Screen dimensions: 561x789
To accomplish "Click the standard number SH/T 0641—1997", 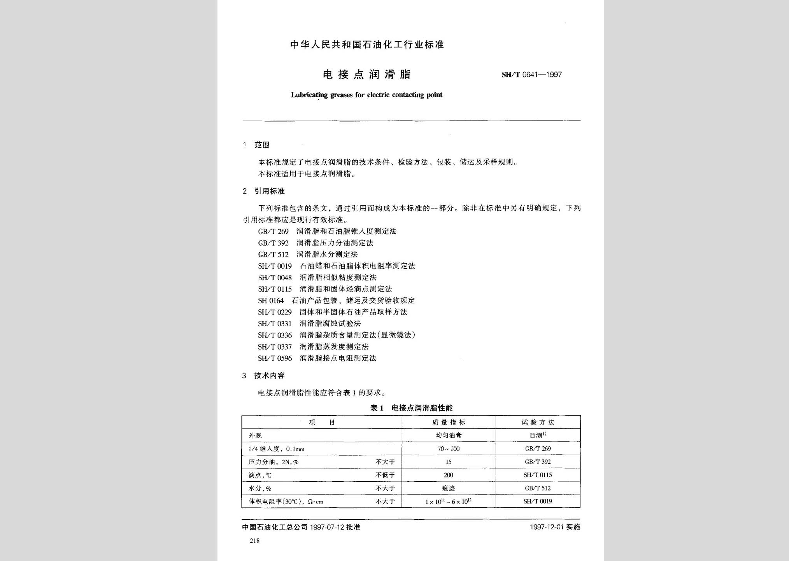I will [x=531, y=75].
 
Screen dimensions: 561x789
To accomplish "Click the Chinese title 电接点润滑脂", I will [x=366, y=75].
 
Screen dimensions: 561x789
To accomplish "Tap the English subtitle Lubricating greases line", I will [x=366, y=95].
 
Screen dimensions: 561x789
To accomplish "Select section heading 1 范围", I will [x=256, y=145].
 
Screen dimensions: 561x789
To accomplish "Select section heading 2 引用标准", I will [x=264, y=191].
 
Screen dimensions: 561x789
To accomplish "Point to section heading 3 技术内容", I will [x=263, y=376].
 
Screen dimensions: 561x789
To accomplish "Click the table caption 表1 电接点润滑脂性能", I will [x=411, y=408].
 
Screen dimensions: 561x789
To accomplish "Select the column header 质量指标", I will [x=448, y=422].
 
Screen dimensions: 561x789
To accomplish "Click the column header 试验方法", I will [x=538, y=422].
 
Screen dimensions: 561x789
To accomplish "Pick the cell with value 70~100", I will [x=448, y=449].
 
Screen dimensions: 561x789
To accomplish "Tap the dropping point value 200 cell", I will [x=448, y=475].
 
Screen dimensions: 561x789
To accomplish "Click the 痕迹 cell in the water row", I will [x=448, y=488].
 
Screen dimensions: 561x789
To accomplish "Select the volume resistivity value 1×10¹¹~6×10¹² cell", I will [x=448, y=502].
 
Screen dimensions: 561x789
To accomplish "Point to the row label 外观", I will [x=255, y=436].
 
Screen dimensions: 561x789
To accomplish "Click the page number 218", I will [x=255, y=541].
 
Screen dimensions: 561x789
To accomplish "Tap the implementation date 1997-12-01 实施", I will [x=555, y=527].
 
